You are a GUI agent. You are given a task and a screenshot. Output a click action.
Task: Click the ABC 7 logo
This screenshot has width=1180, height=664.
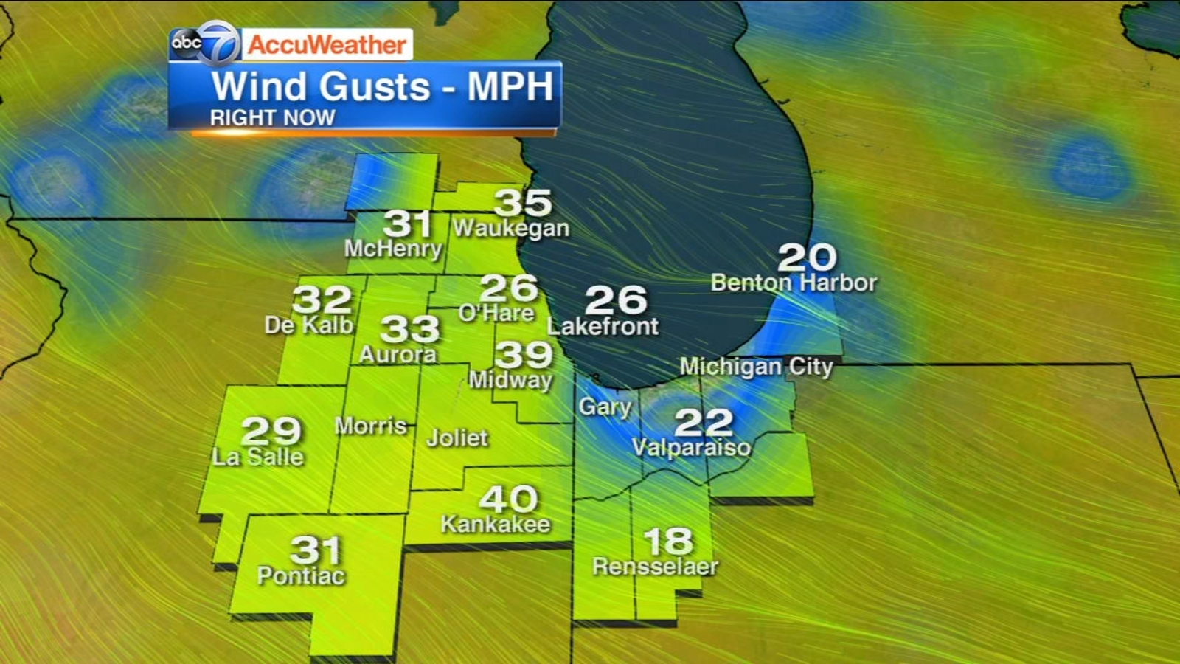coord(205,43)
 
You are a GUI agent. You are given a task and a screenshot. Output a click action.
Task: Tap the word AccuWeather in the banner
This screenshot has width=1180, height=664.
coord(327,45)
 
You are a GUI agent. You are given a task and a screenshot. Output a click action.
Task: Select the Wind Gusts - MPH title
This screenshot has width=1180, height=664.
coord(382,86)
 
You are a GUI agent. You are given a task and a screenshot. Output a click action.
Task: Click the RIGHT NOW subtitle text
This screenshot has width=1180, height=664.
coord(272,118)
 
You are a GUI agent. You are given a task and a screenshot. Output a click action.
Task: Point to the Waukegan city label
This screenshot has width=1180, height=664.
coord(511,229)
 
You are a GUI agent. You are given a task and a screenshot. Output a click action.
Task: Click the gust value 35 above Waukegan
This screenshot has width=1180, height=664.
coord(523,202)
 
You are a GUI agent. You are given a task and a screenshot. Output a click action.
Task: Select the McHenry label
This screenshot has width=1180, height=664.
coord(393,249)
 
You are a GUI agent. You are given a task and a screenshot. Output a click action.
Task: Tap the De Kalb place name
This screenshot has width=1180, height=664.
coord(309,325)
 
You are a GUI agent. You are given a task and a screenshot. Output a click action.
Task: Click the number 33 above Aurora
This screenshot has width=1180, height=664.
coord(410,329)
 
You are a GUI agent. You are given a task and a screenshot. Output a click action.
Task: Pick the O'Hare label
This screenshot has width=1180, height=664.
coord(496,313)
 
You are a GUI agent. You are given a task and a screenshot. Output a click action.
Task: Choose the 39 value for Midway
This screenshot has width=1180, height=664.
coord(524,355)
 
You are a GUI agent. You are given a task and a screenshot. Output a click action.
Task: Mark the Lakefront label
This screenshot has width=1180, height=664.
coord(603,326)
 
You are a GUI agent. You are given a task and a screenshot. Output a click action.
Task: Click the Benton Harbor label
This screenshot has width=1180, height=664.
coord(794,283)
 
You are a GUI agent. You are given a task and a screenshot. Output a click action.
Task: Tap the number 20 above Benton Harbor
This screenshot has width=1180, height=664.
coord(807,257)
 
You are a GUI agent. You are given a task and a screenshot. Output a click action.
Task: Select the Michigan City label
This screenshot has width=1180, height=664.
coord(756,367)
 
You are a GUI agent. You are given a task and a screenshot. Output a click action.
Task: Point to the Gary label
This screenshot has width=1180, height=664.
coord(605,407)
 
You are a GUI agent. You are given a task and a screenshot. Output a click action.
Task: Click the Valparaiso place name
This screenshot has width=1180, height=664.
coord(692,447)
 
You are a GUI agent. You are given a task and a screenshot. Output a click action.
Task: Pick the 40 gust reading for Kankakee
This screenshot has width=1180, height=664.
coord(508,499)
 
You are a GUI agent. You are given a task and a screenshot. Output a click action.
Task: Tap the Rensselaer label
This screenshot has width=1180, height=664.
coord(655,567)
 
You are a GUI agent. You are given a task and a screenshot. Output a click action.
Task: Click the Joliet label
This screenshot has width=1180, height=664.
coord(457,438)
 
